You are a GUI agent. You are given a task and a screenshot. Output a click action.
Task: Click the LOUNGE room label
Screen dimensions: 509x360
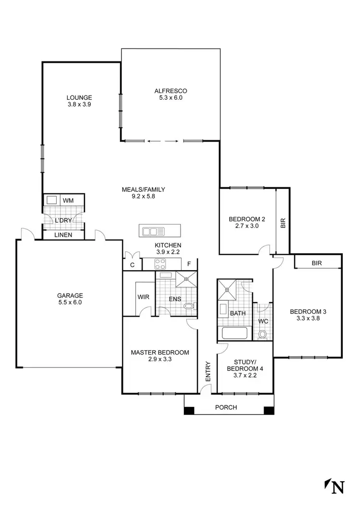pyautogui.click(x=79, y=97)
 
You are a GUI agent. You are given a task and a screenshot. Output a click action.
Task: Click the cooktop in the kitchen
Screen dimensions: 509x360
pyautogui.click(x=160, y=263)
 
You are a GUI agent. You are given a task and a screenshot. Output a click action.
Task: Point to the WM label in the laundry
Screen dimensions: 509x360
pyautogui.click(x=68, y=200)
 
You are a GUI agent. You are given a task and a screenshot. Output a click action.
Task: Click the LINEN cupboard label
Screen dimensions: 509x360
pyautogui.click(x=63, y=235)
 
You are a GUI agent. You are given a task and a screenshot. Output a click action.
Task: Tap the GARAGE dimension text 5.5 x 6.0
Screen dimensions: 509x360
pyautogui.click(x=71, y=302)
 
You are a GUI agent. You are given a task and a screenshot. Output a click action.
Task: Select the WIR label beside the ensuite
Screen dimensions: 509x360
pyautogui.click(x=144, y=297)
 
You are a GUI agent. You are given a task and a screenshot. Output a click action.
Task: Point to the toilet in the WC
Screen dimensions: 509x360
pyautogui.click(x=263, y=334)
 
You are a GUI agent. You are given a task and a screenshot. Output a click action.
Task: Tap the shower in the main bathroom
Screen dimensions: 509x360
pyautogui.click(x=227, y=289)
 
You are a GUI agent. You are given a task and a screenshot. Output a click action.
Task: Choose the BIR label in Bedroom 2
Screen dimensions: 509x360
pyautogui.click(x=283, y=223)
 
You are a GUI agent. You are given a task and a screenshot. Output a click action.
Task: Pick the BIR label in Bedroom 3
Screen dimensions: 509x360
pyautogui.click(x=316, y=263)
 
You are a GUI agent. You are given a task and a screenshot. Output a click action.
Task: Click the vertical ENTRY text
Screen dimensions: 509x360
pyautogui.click(x=208, y=371)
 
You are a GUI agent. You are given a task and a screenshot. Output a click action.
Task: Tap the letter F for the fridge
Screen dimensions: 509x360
pyautogui.click(x=189, y=264)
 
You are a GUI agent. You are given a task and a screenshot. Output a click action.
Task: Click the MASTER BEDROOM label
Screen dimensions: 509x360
pyautogui.click(x=160, y=352)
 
